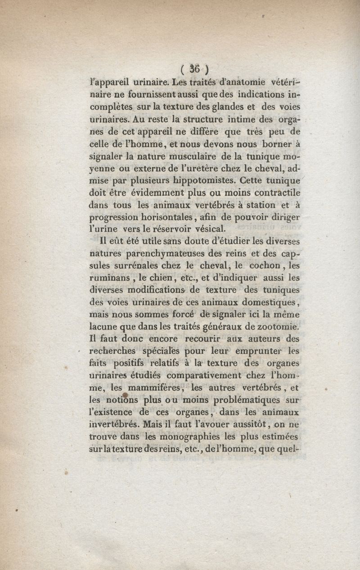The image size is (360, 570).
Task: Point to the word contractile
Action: click(275, 193)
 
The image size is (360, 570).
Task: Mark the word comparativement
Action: click(204, 375)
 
